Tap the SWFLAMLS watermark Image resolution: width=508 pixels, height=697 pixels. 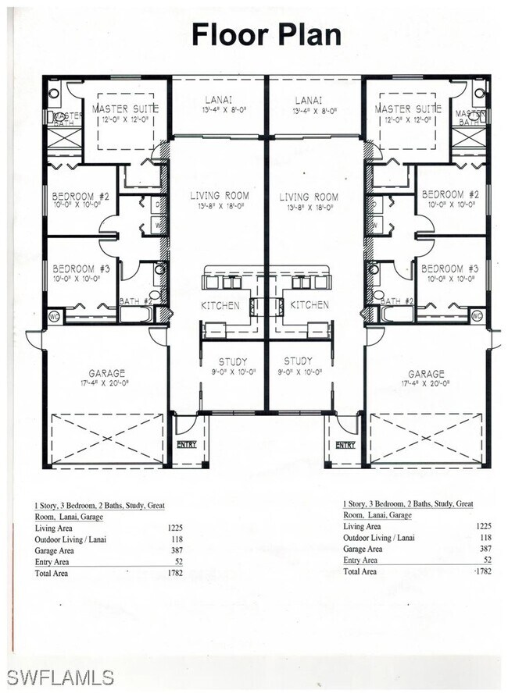coord(59,677)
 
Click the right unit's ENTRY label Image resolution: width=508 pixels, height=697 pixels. coord(345,444)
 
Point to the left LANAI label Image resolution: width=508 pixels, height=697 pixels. coord(220,100)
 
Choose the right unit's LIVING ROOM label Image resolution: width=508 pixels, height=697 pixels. coord(309,197)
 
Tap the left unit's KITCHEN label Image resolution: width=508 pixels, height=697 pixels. coord(220,305)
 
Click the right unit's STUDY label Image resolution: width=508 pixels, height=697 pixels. coord(298,361)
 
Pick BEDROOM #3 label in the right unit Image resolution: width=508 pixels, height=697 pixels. coord(450,267)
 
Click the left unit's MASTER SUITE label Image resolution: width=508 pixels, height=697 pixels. coord(125,108)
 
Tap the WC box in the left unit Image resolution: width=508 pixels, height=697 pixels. coord(53,316)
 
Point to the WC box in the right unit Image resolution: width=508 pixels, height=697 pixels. coord(478,316)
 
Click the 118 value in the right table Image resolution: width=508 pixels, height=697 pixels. coord(485,538)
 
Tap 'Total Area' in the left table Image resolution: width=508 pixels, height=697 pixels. coord(52,573)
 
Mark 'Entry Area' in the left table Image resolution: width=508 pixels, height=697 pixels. coord(53,561)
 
